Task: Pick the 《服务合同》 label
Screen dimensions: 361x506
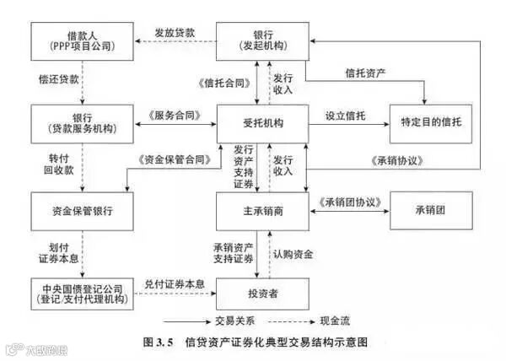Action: tap(175, 115)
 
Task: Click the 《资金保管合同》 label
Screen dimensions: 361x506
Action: tap(171, 159)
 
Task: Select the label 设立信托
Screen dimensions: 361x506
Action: tap(342, 115)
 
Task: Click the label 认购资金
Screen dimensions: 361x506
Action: tap(293, 254)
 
